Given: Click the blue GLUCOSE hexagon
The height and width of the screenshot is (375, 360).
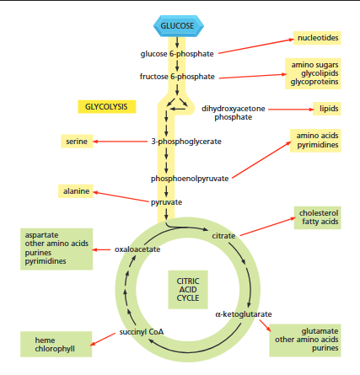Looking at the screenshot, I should pos(177,26).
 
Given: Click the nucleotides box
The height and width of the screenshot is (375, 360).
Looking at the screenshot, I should pos(316,38).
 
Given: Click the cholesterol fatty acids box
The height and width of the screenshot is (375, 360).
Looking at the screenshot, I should pos(318,217).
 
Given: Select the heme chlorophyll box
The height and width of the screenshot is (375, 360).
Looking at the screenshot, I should pos(56,345).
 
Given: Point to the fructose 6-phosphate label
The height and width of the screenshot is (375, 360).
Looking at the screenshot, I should pos(176,77).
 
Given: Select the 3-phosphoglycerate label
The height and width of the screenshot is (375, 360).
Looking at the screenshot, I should pos(185,141).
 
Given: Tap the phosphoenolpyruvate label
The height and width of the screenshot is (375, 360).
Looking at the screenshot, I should pos(190,179).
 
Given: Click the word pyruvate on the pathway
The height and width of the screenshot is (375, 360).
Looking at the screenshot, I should pos(166,202).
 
